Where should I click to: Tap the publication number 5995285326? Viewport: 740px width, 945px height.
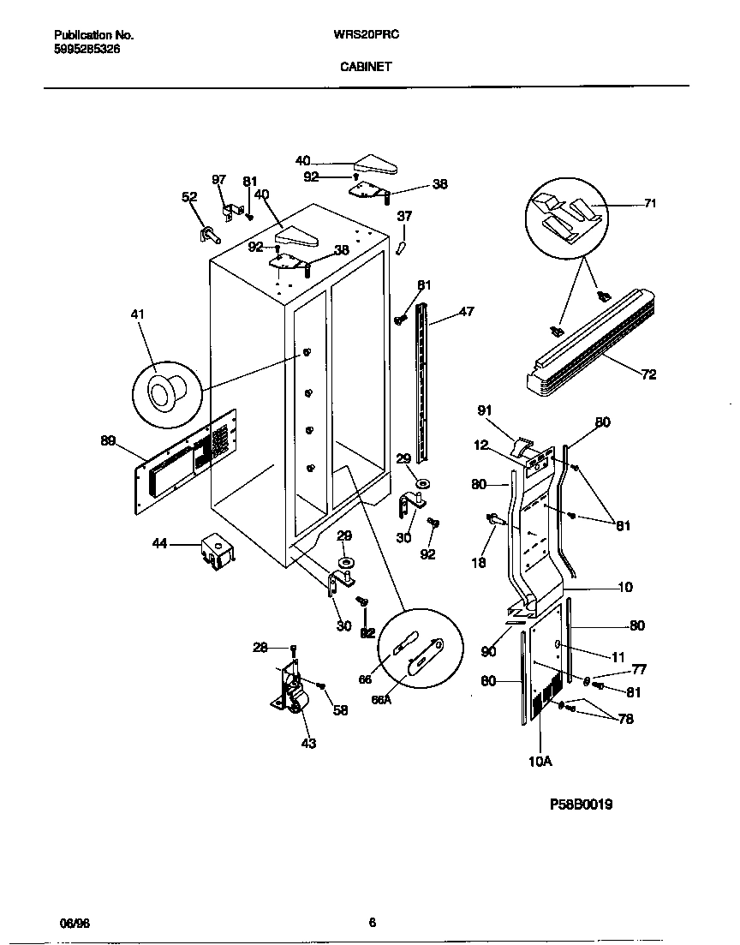[87, 50]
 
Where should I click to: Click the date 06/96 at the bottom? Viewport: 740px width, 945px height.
[75, 923]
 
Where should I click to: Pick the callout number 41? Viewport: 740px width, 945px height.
[137, 315]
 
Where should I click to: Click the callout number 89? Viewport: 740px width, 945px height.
[108, 441]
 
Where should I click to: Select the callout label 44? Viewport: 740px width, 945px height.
[159, 543]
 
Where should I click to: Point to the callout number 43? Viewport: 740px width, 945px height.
[308, 743]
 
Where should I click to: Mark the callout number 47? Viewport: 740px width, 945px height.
[466, 312]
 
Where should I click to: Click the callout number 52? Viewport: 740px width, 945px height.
[189, 197]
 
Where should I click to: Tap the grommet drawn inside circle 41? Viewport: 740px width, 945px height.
[164, 394]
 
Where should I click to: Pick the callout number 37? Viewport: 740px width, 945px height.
[404, 217]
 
